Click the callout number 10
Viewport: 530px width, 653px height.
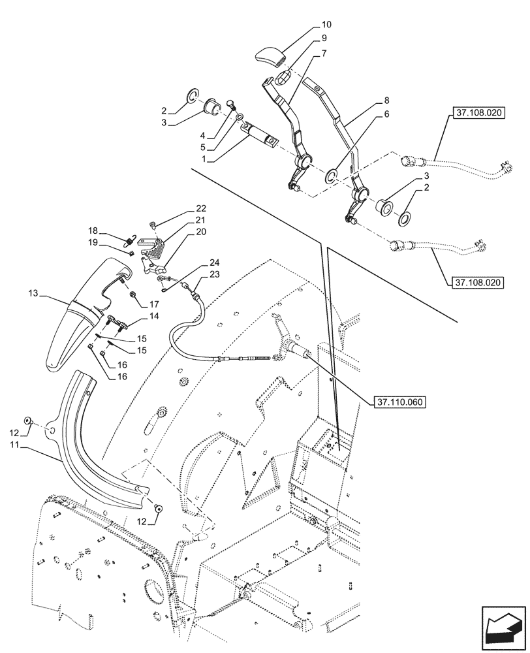pyautogui.click(x=326, y=24)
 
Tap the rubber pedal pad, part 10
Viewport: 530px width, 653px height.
pyautogui.click(x=271, y=56)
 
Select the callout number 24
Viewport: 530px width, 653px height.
pyautogui.click(x=215, y=263)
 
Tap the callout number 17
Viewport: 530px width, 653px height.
pyautogui.click(x=155, y=304)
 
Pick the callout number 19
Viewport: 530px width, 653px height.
pyautogui.click(x=94, y=242)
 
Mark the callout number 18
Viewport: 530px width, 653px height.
pyautogui.click(x=94, y=231)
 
